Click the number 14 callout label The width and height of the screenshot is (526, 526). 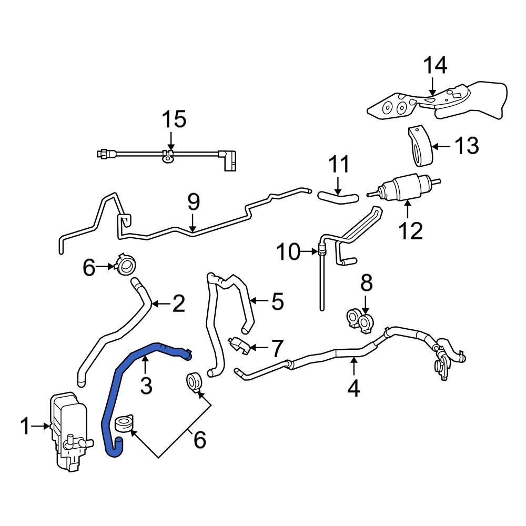tap(436, 66)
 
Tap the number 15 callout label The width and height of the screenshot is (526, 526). tap(173, 119)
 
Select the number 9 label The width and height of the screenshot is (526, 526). tap(194, 202)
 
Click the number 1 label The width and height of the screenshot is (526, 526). tap(25, 427)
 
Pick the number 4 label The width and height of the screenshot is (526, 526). tap(353, 388)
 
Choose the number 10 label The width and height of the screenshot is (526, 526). tap(288, 252)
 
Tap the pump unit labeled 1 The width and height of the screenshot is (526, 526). tap(68, 429)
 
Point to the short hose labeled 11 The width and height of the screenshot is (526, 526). tap(337, 198)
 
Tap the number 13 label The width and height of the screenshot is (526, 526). tap(467, 145)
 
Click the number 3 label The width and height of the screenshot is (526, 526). tap(146, 386)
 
